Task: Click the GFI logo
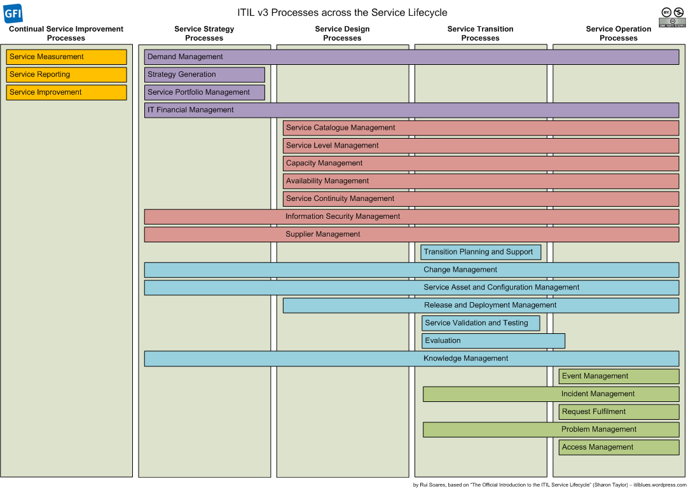click(13, 13)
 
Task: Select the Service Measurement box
click(67, 57)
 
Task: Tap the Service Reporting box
click(67, 74)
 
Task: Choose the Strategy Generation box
click(205, 74)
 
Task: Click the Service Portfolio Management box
click(205, 92)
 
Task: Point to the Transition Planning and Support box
click(481, 252)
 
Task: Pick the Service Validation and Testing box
click(481, 323)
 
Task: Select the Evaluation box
click(493, 341)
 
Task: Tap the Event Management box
click(619, 376)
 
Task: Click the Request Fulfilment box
click(619, 412)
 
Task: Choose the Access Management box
click(619, 447)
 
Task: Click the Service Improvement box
click(67, 92)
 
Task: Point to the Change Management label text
click(460, 270)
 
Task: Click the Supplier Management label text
click(323, 234)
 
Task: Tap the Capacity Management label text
click(324, 163)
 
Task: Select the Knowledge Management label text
click(465, 358)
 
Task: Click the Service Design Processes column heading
click(343, 34)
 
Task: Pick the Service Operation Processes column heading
click(619, 34)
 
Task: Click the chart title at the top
click(342, 13)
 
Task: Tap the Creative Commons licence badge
click(672, 17)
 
